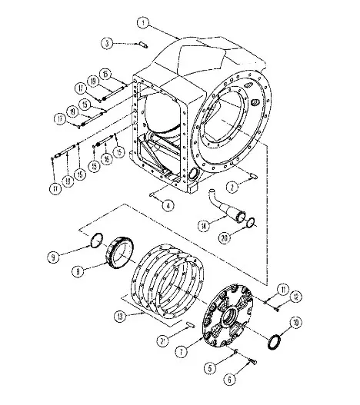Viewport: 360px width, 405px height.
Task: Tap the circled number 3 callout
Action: [x=108, y=42]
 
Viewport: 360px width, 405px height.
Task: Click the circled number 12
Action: [x=276, y=296]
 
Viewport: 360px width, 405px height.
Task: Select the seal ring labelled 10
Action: [x=273, y=339]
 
